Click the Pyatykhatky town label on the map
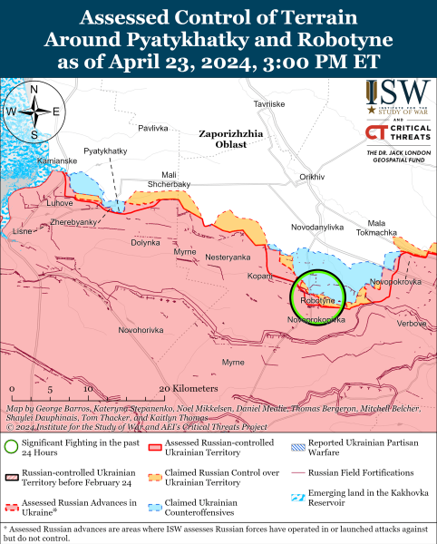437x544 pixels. click(x=104, y=150)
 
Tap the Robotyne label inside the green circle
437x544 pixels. click(x=317, y=300)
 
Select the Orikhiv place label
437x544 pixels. click(x=312, y=177)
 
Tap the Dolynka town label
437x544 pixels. click(x=145, y=242)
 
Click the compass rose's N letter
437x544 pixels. click(x=34, y=90)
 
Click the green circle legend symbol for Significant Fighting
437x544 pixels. click(x=12, y=446)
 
